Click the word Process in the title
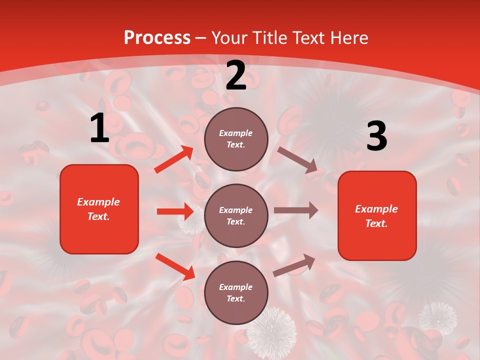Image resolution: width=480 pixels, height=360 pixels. pyautogui.click(x=157, y=38)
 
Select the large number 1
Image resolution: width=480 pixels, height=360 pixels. pyautogui.click(x=99, y=129)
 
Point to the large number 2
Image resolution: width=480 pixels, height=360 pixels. pyautogui.click(x=236, y=75)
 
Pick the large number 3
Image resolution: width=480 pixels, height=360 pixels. pyautogui.click(x=376, y=136)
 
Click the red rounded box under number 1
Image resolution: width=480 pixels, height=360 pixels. pyautogui.click(x=99, y=209)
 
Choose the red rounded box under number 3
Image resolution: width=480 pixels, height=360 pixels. pyautogui.click(x=377, y=215)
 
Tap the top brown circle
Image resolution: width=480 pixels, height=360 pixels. pyautogui.click(x=236, y=139)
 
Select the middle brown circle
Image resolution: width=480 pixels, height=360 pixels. pyautogui.click(x=236, y=215)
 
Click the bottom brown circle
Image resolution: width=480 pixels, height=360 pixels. pyautogui.click(x=236, y=292)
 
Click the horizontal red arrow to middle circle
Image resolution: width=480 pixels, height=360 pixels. pyautogui.click(x=175, y=211)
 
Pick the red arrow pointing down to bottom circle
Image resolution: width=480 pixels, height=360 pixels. pyautogui.click(x=175, y=266)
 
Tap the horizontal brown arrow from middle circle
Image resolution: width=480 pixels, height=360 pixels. pyautogui.click(x=296, y=210)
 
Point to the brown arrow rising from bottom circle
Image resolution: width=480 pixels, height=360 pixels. pyautogui.click(x=294, y=265)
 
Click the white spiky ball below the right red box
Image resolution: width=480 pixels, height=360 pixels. pyautogui.click(x=437, y=318)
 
